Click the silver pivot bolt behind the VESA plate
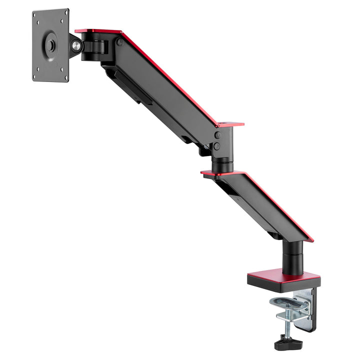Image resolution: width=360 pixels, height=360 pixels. (x=75, y=46)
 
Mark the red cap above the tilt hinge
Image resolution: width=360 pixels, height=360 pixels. (x=97, y=31)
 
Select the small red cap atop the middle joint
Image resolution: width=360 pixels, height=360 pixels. (x=230, y=123)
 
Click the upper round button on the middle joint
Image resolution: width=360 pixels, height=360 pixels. (x=217, y=135)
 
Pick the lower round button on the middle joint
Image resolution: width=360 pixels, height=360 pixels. (x=217, y=146)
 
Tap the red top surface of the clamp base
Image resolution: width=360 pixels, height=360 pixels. (x=284, y=276)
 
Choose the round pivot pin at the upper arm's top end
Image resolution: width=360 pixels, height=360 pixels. (x=119, y=43)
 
